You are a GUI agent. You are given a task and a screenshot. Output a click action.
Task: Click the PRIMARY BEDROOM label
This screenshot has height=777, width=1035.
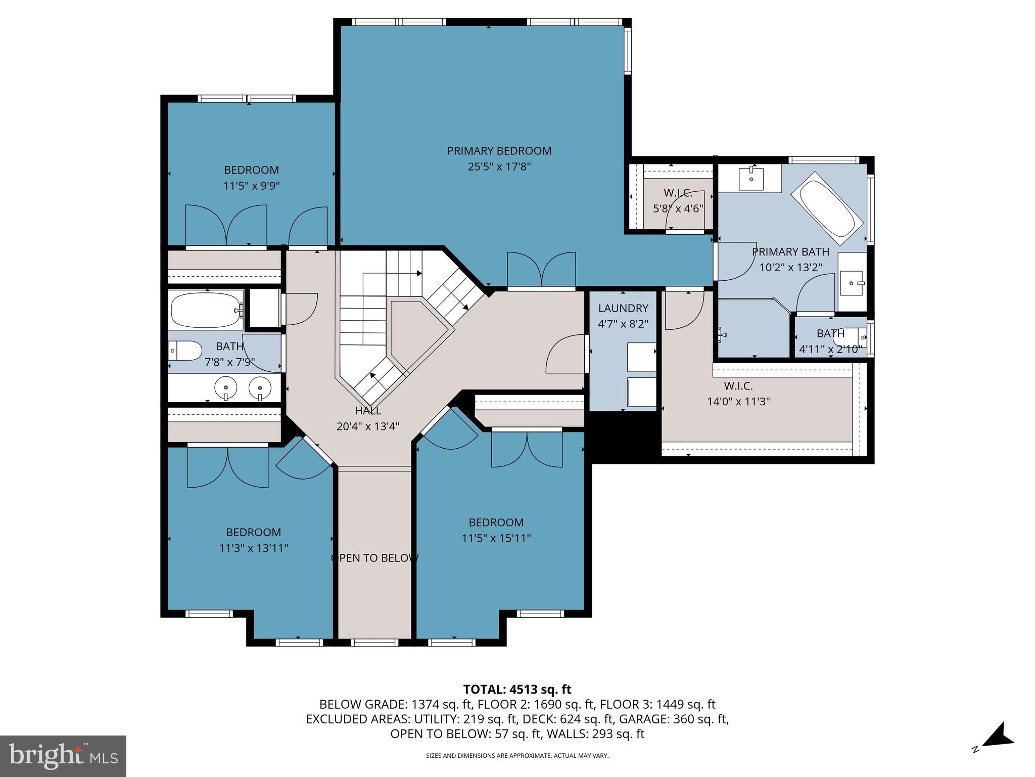pos(499,151)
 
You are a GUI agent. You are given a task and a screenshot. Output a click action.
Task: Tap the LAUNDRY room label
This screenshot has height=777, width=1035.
pos(623,308)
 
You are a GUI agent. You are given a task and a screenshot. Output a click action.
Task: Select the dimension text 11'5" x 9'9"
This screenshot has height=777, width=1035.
pos(251,186)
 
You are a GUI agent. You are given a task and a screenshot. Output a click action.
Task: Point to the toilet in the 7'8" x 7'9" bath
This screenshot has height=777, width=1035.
pos(185,350)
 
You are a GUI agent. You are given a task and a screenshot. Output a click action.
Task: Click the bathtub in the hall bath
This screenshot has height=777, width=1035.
pos(205,310)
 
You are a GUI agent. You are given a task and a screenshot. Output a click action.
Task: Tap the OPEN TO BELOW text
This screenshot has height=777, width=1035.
pos(374,558)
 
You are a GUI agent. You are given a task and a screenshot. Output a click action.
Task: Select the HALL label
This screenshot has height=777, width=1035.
pos(367,411)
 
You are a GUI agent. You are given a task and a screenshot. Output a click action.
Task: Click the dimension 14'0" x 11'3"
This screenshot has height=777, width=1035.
pos(738,402)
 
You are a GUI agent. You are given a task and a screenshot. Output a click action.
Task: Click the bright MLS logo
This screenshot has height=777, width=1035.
pos(63,756)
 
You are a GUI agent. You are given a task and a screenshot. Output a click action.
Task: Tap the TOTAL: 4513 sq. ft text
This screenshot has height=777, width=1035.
pos(517,689)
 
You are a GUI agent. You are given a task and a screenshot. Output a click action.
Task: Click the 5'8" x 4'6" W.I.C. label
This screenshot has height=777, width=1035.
pos(678,200)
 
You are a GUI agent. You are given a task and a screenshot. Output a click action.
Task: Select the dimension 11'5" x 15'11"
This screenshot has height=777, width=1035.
pos(496,538)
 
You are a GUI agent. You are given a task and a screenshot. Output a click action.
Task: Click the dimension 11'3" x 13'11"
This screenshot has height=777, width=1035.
pos(253,548)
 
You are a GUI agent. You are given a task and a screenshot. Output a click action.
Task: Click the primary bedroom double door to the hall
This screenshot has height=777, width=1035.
pos(541,271)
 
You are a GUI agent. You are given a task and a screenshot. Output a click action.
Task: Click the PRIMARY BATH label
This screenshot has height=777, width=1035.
pos(790,251)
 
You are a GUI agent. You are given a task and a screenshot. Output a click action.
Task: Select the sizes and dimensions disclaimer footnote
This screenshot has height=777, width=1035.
pos(517,756)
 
